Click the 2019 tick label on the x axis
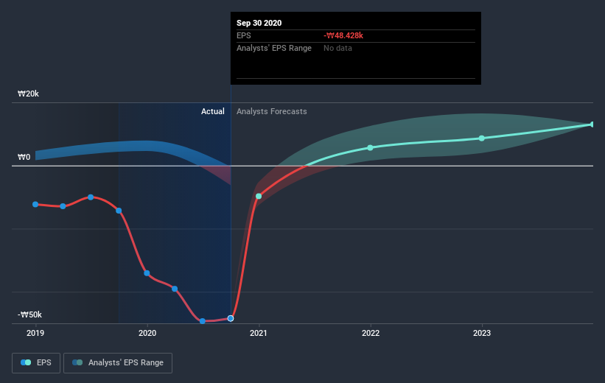[x=35, y=333]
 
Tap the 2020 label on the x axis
[x=147, y=333]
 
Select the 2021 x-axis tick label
[x=259, y=333]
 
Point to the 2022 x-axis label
[x=370, y=333]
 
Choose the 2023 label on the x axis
[x=482, y=333]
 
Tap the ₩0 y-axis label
[x=24, y=158]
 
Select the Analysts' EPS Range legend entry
[x=118, y=362]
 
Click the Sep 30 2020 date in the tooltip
[x=259, y=23]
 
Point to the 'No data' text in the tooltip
[x=338, y=49]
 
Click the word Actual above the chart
[x=212, y=111]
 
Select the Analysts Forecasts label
[x=272, y=111]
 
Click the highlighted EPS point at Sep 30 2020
[x=231, y=318]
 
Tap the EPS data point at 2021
[x=259, y=196]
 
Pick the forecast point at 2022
[x=370, y=147]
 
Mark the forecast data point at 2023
[x=482, y=138]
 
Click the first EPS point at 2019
[x=35, y=204]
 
